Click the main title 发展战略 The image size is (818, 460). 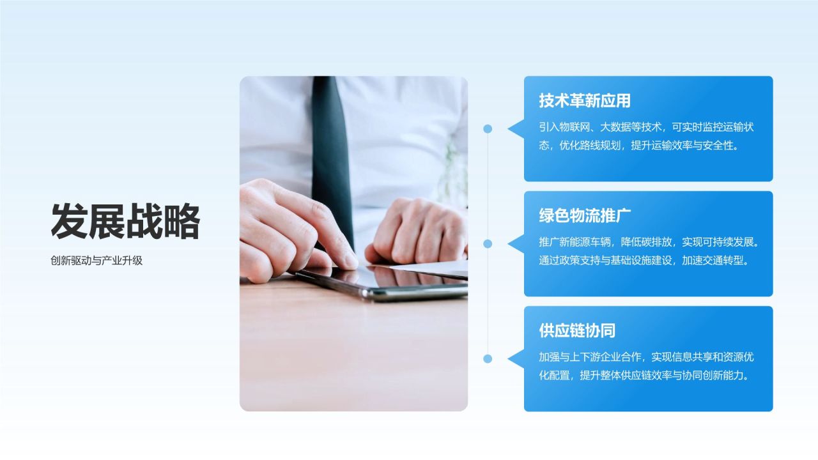coord(125,221)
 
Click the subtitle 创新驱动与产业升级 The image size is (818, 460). coord(96,261)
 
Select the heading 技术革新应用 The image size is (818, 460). coord(585,101)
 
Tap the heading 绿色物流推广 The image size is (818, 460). coord(585,216)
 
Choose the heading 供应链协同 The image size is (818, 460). coord(577,331)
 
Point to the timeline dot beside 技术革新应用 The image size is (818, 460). coord(488,128)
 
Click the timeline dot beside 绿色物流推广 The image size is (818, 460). coord(488,243)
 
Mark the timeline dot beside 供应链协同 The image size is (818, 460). coord(488,358)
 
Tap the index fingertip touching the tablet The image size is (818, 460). coord(348,261)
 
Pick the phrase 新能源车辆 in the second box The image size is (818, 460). coord(585,243)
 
